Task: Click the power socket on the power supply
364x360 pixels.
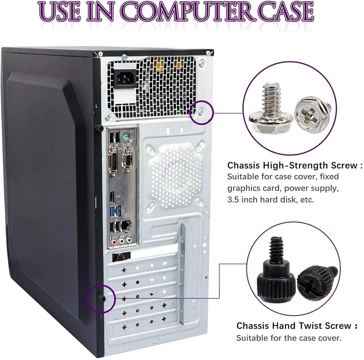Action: click(125, 78)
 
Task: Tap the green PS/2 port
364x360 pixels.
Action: click(126, 137)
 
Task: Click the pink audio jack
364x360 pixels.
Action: click(114, 241)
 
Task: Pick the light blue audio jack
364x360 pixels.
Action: click(129, 240)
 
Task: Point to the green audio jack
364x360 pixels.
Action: click(122, 241)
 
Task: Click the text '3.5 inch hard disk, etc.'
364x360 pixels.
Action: click(270, 199)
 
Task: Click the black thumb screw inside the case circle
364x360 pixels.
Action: click(101, 298)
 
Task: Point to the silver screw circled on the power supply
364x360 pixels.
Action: click(201, 113)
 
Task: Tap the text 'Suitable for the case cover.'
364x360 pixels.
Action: click(289, 338)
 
